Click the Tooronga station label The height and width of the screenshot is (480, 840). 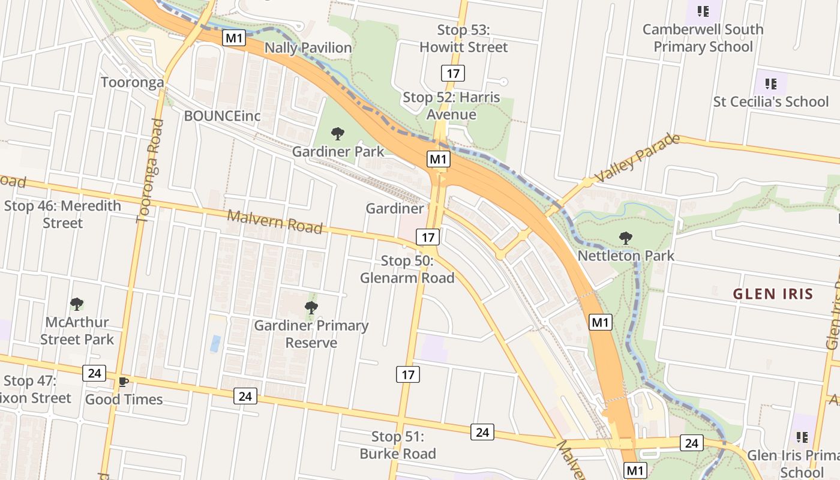coord(132,82)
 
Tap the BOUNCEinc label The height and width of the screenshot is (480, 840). coord(222,116)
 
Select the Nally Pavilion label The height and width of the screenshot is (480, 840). coord(308,48)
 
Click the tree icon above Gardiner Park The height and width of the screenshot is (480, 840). coord(338,133)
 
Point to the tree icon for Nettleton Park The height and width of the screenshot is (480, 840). coord(626,238)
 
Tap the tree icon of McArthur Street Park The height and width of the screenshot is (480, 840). coord(76,304)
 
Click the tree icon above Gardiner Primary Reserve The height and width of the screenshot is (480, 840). coord(311,308)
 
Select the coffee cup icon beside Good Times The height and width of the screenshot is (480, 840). coord(123,382)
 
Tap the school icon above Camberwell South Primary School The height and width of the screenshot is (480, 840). coord(703,11)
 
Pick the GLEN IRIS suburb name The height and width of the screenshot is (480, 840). coord(773,294)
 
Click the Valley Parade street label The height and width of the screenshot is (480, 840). coord(637,158)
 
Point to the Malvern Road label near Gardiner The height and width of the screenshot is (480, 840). coord(274,221)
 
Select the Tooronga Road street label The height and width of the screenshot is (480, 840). coord(150,171)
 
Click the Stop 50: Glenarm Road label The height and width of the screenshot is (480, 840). coord(407,269)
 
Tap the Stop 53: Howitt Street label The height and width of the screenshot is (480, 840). coord(463,38)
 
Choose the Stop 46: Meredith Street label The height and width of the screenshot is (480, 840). coord(62,214)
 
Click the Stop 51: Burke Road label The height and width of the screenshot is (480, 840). coord(397,445)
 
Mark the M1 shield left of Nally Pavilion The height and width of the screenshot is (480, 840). coord(234,38)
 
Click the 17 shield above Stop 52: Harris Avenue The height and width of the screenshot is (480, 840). coord(453,74)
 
